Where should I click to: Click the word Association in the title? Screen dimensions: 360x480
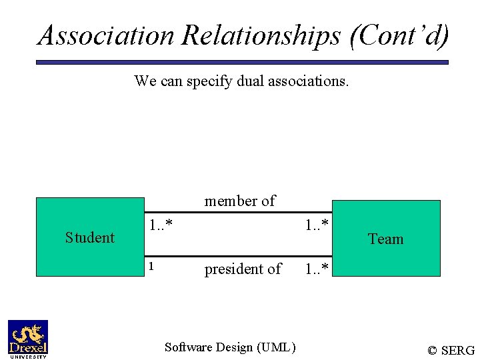107,35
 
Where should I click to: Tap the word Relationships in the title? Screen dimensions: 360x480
261,35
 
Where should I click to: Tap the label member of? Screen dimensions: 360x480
240,201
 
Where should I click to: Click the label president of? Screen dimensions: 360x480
243,269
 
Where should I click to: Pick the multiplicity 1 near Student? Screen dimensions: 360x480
151,267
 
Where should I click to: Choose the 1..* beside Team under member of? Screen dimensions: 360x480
317,225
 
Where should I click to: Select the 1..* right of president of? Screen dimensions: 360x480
317,269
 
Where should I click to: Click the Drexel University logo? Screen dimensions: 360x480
28,339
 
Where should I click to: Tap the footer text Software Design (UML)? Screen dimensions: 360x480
230,347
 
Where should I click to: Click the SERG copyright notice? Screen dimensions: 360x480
451,350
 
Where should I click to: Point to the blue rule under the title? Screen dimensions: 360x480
241,62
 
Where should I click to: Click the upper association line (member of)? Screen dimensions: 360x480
238,213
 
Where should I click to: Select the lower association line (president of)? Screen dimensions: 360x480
238,255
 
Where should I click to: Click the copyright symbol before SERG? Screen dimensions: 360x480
433,350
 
